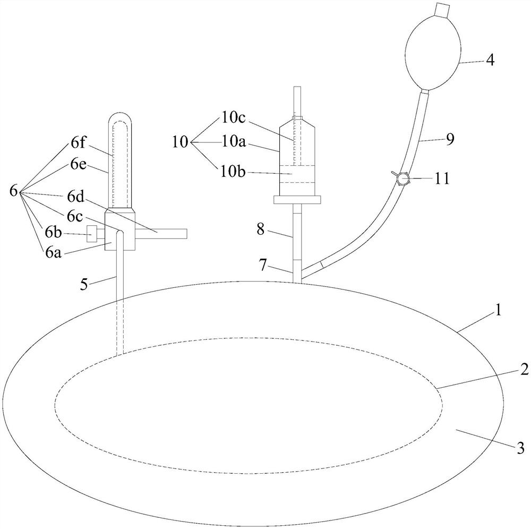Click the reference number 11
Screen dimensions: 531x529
click(441, 178)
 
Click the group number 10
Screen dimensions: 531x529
click(180, 142)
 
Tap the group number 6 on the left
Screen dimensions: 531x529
click(14, 191)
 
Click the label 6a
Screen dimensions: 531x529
click(53, 252)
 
